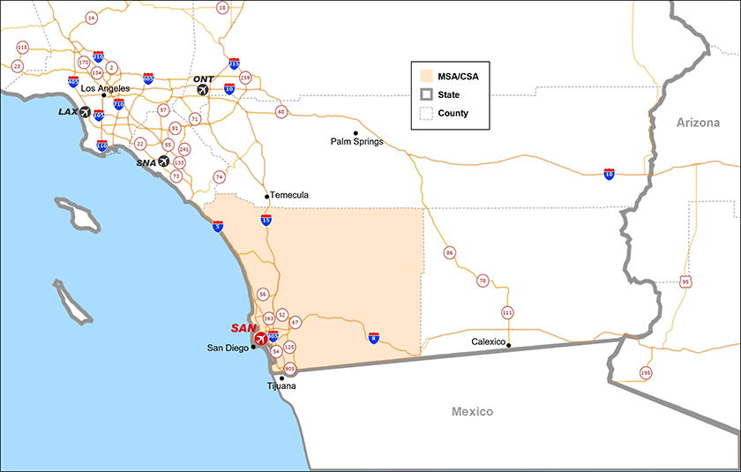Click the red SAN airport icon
pyautogui.click(x=260, y=338)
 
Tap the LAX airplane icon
pyautogui.click(x=86, y=112)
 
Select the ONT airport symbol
pyautogui.click(x=204, y=89)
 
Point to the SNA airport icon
pyautogui.click(x=164, y=161)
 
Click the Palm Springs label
pyautogui.click(x=356, y=141)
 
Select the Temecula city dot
pyautogui.click(x=266, y=196)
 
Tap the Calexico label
pyautogui.click(x=488, y=341)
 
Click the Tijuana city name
pyautogui.click(x=281, y=386)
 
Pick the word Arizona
pyautogui.click(x=699, y=124)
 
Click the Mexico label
pyautogui.click(x=472, y=411)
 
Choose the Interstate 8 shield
pyautogui.click(x=374, y=337)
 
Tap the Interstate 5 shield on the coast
pyautogui.click(x=217, y=227)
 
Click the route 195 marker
pyautogui.click(x=646, y=373)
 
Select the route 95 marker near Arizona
pyautogui.click(x=686, y=282)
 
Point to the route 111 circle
pyautogui.click(x=506, y=312)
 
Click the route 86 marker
pyautogui.click(x=450, y=253)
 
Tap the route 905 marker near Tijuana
pyautogui.click(x=290, y=369)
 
